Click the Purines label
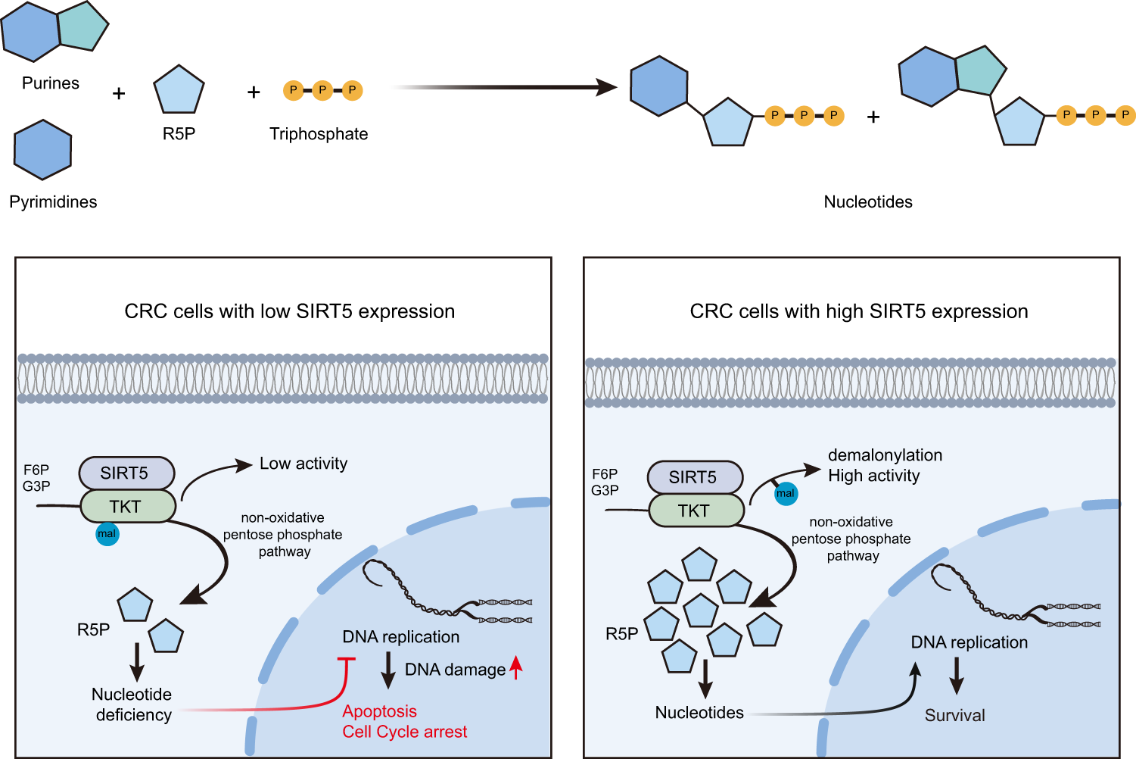[50, 83]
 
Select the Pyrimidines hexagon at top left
[42, 150]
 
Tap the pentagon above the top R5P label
[179, 90]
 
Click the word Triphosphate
[319, 134]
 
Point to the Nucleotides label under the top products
[867, 202]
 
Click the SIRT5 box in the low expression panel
[126, 473]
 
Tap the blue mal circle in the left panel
[107, 534]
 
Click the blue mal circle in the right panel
[786, 494]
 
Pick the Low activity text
[303, 464]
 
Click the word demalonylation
[885, 455]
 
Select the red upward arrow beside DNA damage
[516, 667]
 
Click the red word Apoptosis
[379, 711]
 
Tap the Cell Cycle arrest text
[404, 732]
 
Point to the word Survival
[954, 716]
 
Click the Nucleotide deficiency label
[132, 704]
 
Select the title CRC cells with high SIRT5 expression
[858, 311]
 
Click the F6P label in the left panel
[36, 470]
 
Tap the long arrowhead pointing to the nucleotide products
[606, 87]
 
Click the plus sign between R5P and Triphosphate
[254, 92]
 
